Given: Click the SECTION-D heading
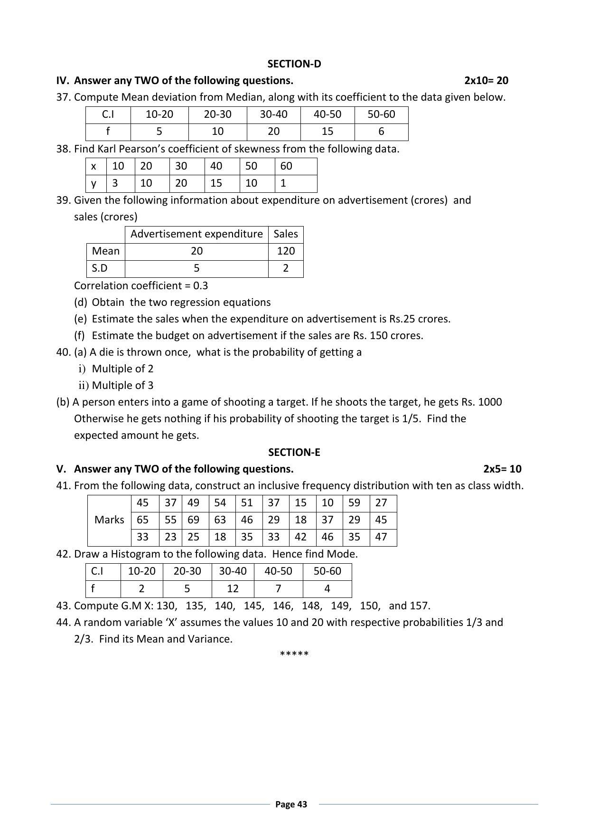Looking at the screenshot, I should [294, 64].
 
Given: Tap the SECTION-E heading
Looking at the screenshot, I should [294, 452].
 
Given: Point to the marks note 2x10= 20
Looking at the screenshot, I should [486, 80].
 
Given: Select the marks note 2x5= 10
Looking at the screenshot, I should [502, 469].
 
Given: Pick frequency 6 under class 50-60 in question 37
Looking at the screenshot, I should [381, 132].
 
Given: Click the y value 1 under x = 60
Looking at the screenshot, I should [283, 183].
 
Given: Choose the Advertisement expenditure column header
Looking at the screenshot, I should [196, 234].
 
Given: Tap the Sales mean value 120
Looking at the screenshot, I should [286, 251].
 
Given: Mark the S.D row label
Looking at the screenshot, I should [99, 268].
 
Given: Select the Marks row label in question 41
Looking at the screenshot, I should [109, 520].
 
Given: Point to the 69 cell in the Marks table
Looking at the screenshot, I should [193, 520].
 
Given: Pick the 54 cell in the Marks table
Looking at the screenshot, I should [220, 503].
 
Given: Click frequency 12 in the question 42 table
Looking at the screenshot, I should [233, 589].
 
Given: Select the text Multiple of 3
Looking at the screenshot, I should [122, 386].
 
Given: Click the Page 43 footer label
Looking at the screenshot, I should [291, 804].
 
